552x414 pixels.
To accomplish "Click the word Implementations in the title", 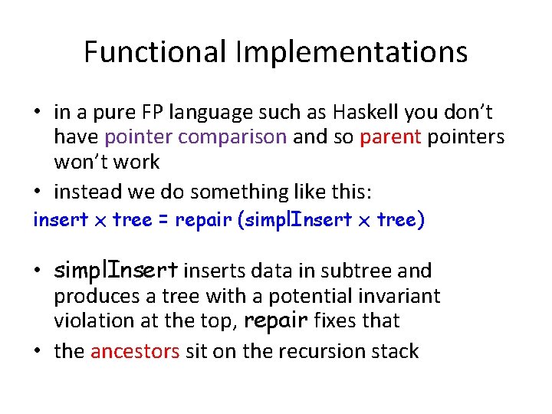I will pos(351,52).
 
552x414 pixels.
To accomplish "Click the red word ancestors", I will pos(135,352).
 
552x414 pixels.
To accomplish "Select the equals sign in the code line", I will pos(163,221).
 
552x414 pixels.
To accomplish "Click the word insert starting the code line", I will pos(61,221).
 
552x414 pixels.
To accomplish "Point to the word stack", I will pos(395,352).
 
